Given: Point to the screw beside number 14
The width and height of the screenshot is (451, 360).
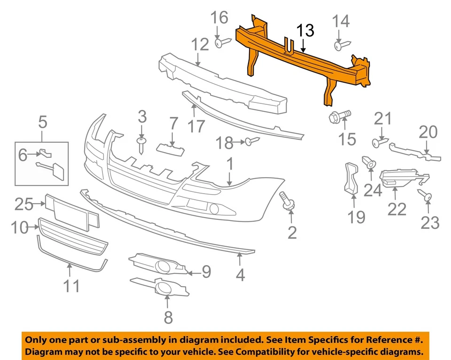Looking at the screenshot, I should (342, 45).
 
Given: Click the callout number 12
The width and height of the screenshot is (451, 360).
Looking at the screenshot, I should (200, 45).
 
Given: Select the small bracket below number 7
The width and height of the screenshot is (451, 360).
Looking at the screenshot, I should (169, 149).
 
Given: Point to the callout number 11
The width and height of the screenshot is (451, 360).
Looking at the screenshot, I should (71, 285).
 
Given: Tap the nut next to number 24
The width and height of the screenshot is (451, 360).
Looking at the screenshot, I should (370, 164).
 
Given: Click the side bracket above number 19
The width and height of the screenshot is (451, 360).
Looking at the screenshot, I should (351, 178).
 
